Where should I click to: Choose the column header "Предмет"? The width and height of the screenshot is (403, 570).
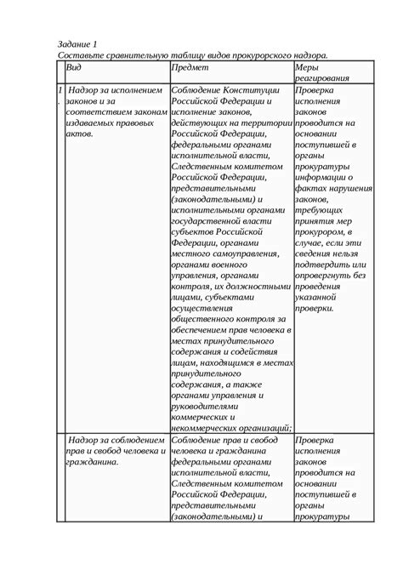click(189, 68)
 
